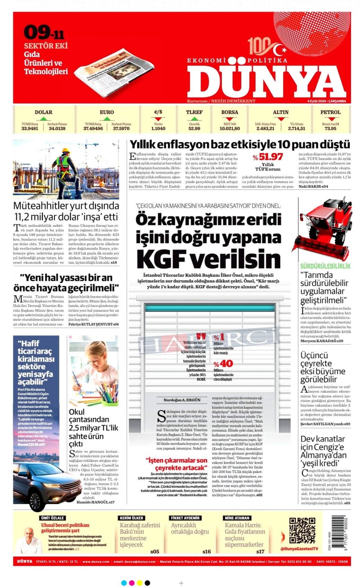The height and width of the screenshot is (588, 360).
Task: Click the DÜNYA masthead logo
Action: pyautogui.click(x=267, y=81)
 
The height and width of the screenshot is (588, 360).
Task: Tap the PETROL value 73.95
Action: pyautogui.click(x=330, y=129)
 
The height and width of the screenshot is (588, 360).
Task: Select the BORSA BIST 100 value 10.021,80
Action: pyautogui.click(x=229, y=129)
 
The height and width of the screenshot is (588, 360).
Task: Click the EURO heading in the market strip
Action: pyautogui.click(x=107, y=112)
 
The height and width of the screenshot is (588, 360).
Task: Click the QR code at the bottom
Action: pyautogui.click(x=302, y=530)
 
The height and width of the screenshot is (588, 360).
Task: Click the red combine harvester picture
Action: pyautogui.click(x=322, y=228)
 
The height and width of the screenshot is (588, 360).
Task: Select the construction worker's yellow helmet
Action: pyautogui.click(x=66, y=151)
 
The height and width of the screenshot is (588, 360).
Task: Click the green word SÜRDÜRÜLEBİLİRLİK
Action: pyautogui.click(x=325, y=266)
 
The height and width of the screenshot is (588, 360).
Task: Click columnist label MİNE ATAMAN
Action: pyautogui.click(x=237, y=518)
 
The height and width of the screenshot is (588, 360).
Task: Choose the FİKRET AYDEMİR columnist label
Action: pyautogui.click(x=186, y=518)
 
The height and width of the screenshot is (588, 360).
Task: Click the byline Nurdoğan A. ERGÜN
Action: pyautogui.click(x=182, y=400)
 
